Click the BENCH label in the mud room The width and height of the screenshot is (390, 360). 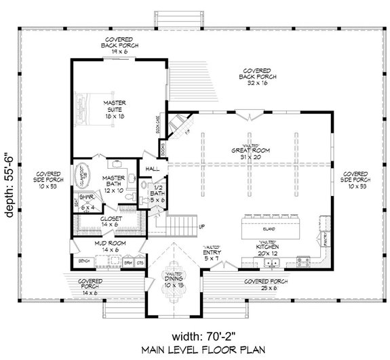(x=85, y=260)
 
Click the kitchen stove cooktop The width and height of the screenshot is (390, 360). (x=303, y=261)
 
